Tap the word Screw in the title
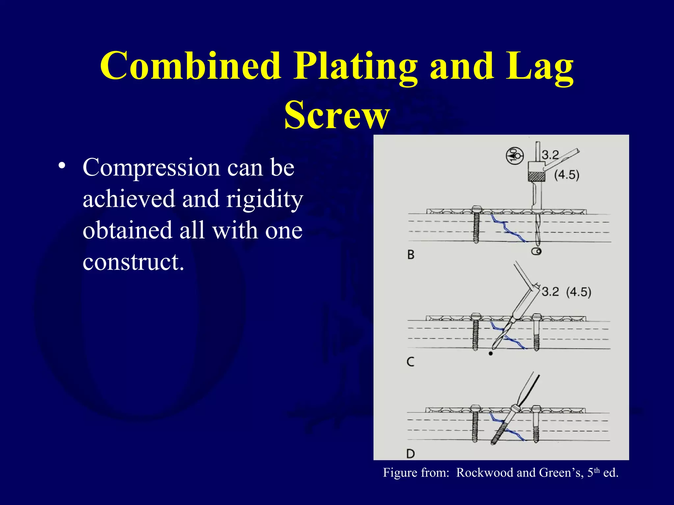[337, 115]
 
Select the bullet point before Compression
[61, 165]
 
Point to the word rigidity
[264, 200]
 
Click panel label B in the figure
[411, 254]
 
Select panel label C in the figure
[410, 362]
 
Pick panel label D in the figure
[410, 454]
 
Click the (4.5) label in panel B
[567, 175]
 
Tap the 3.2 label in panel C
[550, 292]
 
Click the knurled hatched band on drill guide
[536, 177]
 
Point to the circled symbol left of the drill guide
[514, 156]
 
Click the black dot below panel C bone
[491, 354]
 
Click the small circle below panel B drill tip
[536, 252]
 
